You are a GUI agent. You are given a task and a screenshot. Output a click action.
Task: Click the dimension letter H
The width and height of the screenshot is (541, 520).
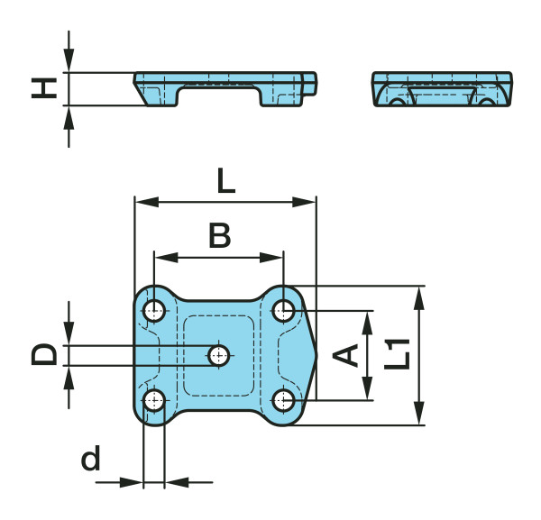point(44,88)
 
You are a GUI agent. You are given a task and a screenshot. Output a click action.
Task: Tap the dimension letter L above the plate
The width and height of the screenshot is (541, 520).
point(226,180)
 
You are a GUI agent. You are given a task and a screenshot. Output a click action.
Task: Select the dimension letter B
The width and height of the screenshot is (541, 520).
point(220,235)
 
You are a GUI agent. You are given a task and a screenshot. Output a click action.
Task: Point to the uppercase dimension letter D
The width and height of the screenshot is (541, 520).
point(44,354)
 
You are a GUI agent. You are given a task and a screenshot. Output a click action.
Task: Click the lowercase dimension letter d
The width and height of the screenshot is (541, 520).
point(91,458)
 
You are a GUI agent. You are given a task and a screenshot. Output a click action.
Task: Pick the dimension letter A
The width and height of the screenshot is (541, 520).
point(345,355)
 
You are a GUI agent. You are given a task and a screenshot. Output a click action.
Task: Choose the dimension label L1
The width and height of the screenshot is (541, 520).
point(397,354)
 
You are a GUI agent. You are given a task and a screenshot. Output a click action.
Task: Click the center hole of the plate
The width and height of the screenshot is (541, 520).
point(219,355)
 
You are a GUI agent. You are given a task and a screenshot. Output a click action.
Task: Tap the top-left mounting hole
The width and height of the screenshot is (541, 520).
point(154,311)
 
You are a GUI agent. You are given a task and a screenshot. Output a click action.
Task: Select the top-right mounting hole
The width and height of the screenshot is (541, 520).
point(283,311)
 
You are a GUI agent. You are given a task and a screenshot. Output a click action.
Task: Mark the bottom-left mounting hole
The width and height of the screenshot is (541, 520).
point(154,400)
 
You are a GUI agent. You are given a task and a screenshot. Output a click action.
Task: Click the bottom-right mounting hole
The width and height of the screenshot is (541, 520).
point(283,401)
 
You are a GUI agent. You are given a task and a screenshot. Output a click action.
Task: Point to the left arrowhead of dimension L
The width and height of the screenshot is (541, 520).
point(147,203)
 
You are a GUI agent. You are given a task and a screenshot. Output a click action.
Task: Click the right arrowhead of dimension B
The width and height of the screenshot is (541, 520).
point(271,257)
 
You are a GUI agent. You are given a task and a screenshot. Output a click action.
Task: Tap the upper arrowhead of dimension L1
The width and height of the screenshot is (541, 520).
point(419,298)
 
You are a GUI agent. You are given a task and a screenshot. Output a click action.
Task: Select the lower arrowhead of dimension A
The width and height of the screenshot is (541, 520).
point(368,388)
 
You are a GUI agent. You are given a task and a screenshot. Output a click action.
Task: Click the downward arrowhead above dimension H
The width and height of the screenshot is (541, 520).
point(69,60)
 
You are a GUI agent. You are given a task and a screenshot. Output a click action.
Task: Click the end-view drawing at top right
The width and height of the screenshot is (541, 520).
point(442,89)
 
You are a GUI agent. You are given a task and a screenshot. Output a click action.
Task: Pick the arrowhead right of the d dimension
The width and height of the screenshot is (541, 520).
point(177,482)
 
